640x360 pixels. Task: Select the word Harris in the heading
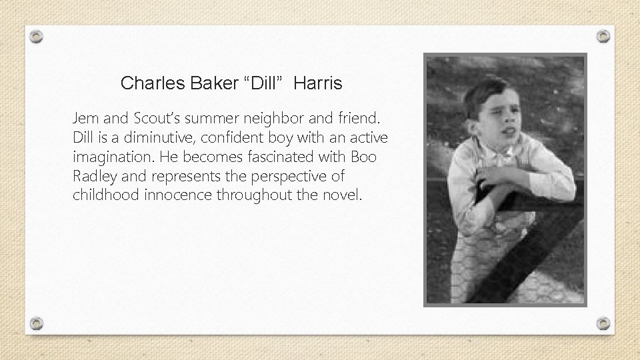click(x=317, y=83)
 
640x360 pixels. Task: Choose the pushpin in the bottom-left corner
click(x=38, y=323)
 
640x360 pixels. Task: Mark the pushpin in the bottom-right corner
click(x=603, y=323)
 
